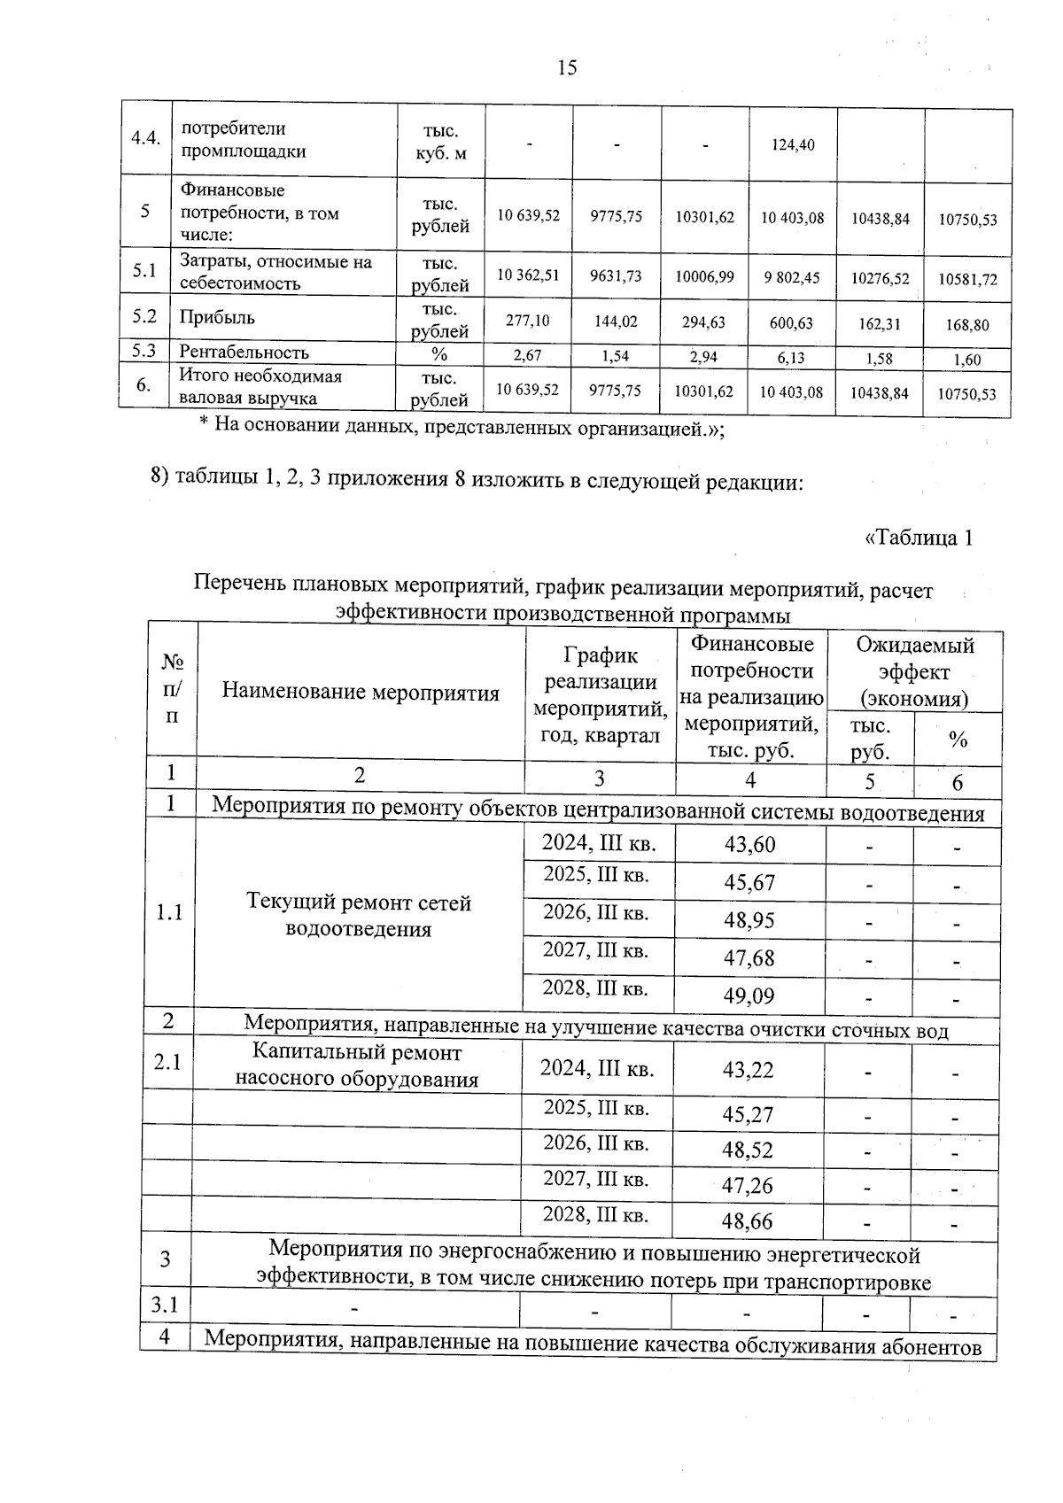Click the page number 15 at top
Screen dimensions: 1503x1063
567,67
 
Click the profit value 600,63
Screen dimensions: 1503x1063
792,323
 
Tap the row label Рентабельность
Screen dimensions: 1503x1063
244,353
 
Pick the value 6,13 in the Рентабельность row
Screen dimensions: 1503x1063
792,357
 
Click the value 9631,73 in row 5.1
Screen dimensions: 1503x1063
616,276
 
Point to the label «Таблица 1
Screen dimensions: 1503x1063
919,538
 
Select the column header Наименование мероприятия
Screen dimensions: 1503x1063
361,692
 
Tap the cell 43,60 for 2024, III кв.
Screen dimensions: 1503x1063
749,845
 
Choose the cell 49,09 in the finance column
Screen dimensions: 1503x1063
749,996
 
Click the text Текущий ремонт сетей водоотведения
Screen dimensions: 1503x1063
359,916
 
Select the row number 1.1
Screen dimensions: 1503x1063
169,912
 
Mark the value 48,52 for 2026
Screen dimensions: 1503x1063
748,1150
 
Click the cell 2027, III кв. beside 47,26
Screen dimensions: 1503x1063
595,1180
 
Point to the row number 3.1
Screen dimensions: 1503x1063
165,1305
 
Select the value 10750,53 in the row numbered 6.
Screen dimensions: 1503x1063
967,394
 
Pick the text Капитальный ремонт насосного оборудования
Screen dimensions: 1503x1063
357,1065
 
